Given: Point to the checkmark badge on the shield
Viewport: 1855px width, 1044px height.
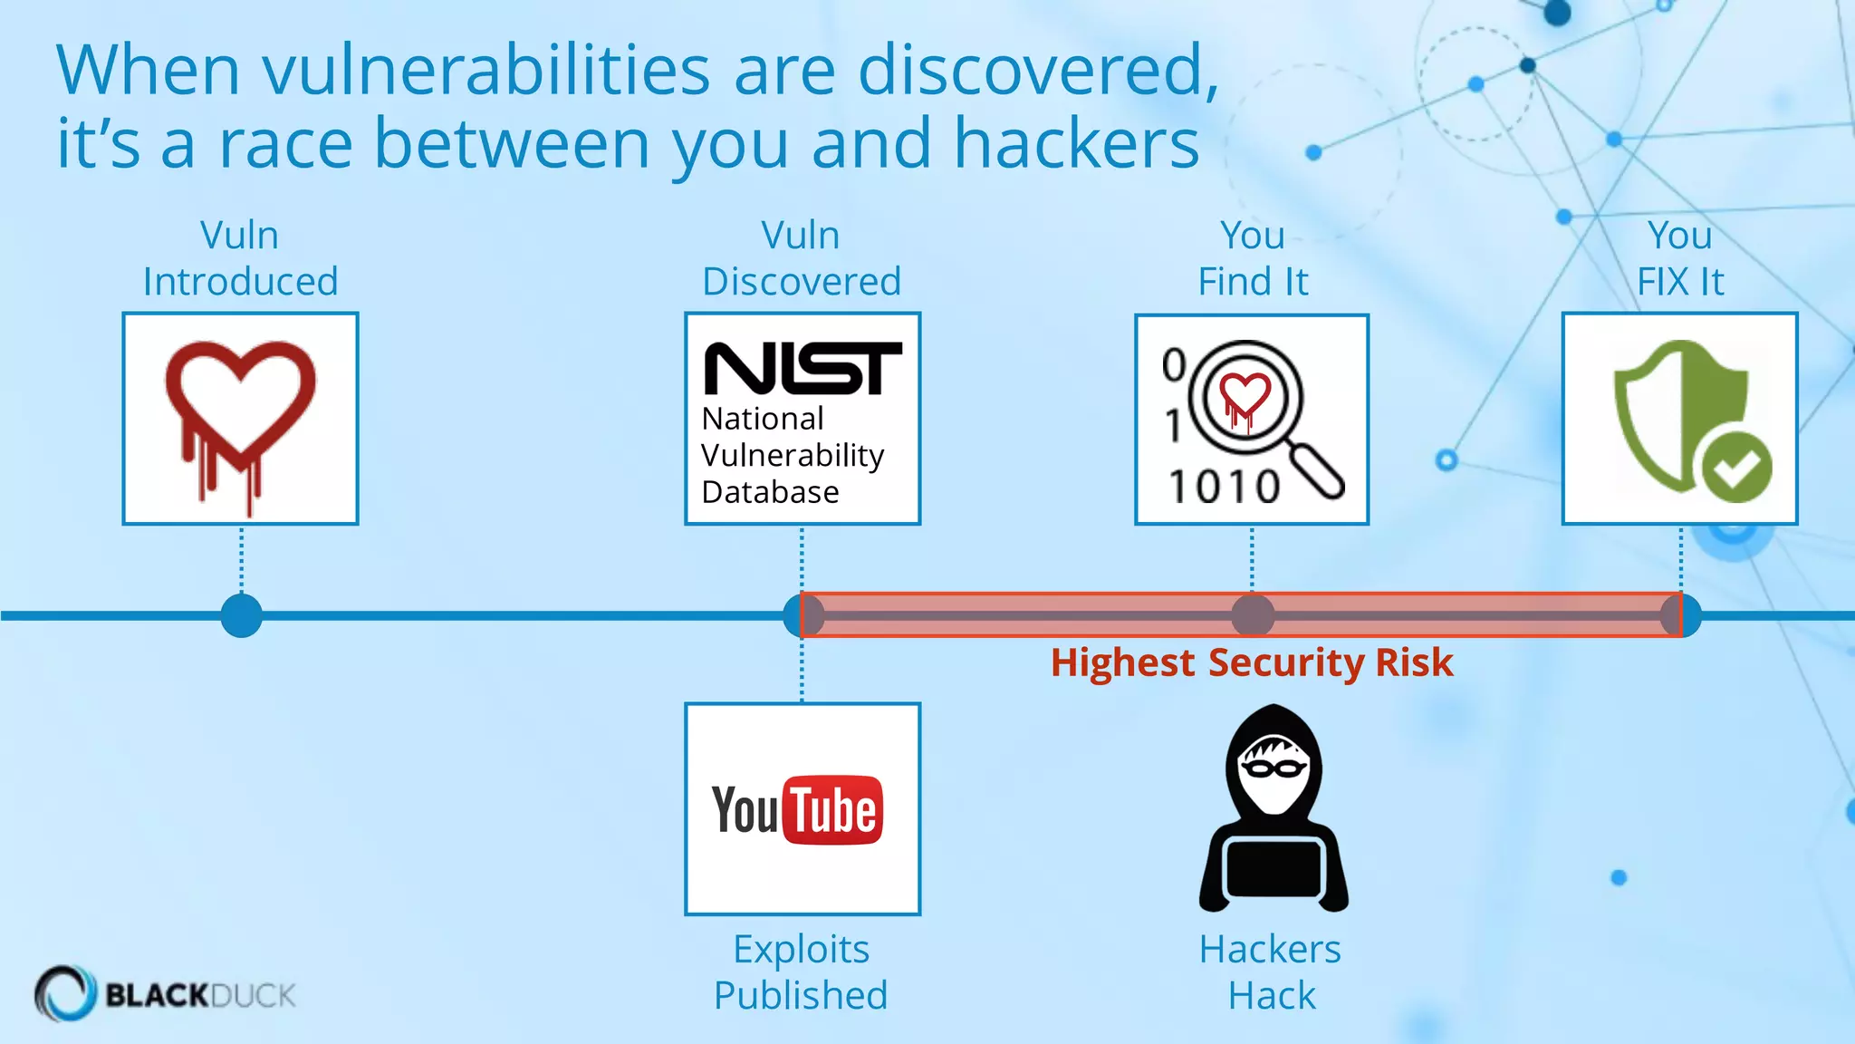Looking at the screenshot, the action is click(1736, 468).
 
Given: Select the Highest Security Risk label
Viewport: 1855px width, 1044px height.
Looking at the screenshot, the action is click(1252, 663).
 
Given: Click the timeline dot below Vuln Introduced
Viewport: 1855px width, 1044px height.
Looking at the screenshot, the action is click(241, 616).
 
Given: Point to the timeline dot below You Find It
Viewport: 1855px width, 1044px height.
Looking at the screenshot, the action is click(1253, 616).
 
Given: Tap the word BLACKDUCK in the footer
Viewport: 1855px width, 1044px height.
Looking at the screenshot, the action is click(200, 995).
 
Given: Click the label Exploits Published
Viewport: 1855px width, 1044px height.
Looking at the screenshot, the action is click(801, 972).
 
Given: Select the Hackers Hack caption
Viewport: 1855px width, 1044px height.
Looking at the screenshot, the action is click(1271, 972).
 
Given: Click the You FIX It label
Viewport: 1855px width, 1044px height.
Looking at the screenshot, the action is click(1680, 258).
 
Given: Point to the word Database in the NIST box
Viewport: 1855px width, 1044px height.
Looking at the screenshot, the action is click(770, 492).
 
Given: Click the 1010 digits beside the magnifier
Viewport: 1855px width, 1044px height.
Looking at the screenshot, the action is click(1224, 488).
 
